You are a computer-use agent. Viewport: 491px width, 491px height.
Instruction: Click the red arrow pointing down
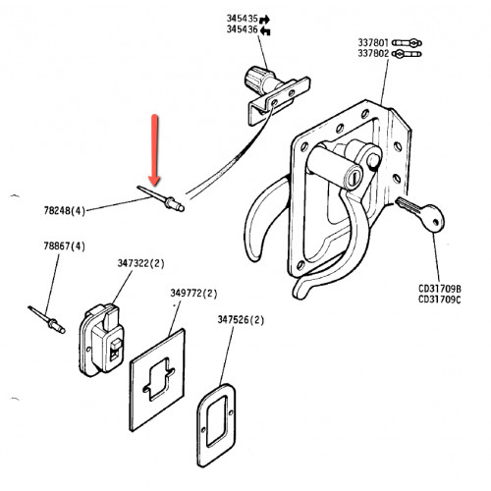pos(154,150)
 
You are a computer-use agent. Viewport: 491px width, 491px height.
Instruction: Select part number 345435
pos(243,19)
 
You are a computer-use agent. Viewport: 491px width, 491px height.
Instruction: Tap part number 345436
pos(243,29)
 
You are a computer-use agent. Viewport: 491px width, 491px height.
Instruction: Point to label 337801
pos(373,42)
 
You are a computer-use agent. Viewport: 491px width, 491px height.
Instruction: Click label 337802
pos(373,53)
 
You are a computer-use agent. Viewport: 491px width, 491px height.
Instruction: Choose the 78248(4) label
pos(65,210)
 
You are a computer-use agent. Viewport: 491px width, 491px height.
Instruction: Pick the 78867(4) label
pos(65,245)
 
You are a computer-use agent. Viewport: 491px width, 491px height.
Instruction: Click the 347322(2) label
pos(141,263)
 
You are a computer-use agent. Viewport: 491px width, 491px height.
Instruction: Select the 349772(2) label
pos(193,293)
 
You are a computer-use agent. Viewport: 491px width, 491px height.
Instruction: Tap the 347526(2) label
pos(241,319)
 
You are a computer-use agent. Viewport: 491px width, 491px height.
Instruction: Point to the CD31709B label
pos(440,289)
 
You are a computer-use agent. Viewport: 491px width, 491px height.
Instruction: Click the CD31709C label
pos(440,300)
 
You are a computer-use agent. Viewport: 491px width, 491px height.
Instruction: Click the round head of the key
pos(433,218)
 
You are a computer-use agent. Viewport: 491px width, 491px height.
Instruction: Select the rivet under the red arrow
pos(161,198)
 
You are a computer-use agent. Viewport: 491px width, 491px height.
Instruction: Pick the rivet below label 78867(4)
pos(47,320)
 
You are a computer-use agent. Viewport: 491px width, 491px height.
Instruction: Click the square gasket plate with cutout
pos(157,380)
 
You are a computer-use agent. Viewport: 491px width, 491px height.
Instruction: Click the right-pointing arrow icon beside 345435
pos(264,20)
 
